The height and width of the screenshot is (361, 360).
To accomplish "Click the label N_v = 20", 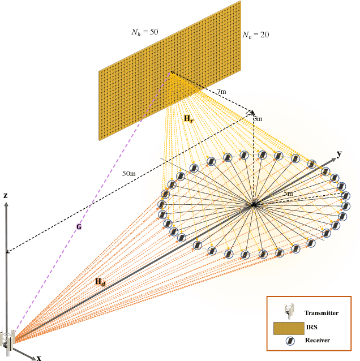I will pos(255,35).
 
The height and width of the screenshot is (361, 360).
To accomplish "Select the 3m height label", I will pos(258,119).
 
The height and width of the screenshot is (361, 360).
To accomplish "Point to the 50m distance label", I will pos(129,173).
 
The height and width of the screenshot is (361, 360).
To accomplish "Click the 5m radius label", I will pos(288,194).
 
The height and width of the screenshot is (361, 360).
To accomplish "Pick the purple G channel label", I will pos(79,226).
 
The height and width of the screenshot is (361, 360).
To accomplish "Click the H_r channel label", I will pos(189,119).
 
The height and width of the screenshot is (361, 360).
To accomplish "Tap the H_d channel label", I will pos(100,282).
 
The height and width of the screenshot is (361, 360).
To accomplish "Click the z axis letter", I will pos(6,195).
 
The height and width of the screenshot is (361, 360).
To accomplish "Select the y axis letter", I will pos(339,153).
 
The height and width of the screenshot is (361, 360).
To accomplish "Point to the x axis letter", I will pos(39,358).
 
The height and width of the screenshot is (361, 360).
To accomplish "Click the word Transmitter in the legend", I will pos(321,313).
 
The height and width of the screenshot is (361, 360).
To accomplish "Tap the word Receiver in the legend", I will pos(317,340).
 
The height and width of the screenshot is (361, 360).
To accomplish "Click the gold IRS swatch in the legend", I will pos(289,327).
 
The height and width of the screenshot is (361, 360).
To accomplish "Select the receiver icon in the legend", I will pos(289,341).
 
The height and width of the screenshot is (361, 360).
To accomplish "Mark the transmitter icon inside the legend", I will pos(290,310).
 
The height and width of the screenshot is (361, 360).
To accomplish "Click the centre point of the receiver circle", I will pos(254,204).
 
